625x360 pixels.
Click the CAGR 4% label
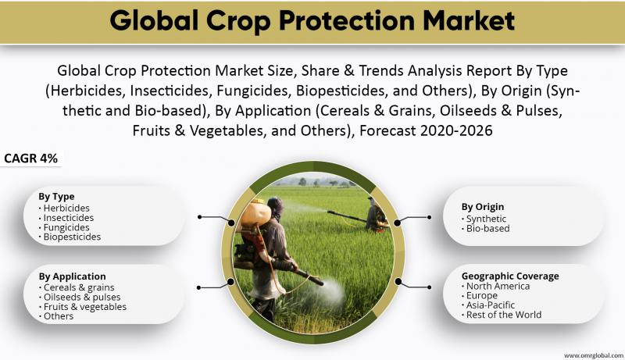point(30,158)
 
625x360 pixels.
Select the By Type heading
point(56,196)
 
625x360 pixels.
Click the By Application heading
point(72,276)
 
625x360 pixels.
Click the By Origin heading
point(483,207)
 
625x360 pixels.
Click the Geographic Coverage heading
point(510,276)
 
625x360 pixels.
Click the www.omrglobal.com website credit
point(594,355)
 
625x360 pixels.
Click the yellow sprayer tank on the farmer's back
point(255,213)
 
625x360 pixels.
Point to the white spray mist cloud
point(329,293)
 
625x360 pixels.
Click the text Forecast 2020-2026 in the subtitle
point(426,130)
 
